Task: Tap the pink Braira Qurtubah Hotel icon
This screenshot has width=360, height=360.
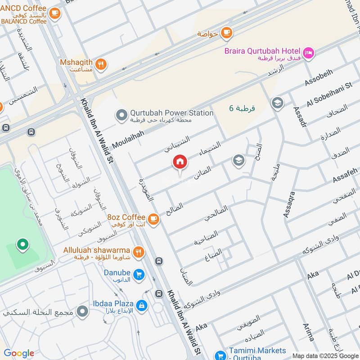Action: pyautogui.click(x=309, y=53)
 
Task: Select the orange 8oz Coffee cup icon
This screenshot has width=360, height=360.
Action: pyautogui.click(x=153, y=219)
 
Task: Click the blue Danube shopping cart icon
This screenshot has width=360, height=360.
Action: pyautogui.click(x=139, y=274)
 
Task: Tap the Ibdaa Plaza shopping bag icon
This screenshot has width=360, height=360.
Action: pyautogui.click(x=141, y=306)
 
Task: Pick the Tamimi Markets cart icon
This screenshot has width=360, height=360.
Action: pyautogui.click(x=220, y=355)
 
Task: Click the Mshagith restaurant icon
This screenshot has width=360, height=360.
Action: pyautogui.click(x=101, y=64)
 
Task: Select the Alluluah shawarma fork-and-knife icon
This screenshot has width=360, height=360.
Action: pyautogui.click(x=139, y=252)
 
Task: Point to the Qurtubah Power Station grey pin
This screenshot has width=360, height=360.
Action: pyautogui.click(x=121, y=115)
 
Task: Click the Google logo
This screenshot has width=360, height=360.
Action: pyautogui.click(x=19, y=353)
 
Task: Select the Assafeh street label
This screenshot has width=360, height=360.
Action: pyautogui.click(x=345, y=175)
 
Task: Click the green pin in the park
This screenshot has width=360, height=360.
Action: pyautogui.click(x=21, y=246)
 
